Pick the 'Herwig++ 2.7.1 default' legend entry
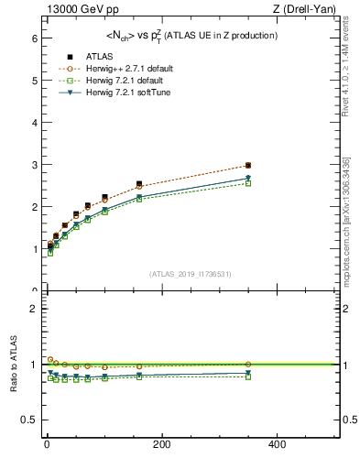pos(127,69)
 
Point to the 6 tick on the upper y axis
pos(33,38)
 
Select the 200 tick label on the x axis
pos(162,444)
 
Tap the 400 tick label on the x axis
pos(277,444)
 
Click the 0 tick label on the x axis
pos(47,444)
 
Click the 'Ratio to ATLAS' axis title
pos(15,364)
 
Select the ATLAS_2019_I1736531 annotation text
pos(191,274)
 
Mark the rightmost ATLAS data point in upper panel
pos(248,166)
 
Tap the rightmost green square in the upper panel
pos(248,183)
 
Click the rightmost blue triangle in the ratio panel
pos(248,373)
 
